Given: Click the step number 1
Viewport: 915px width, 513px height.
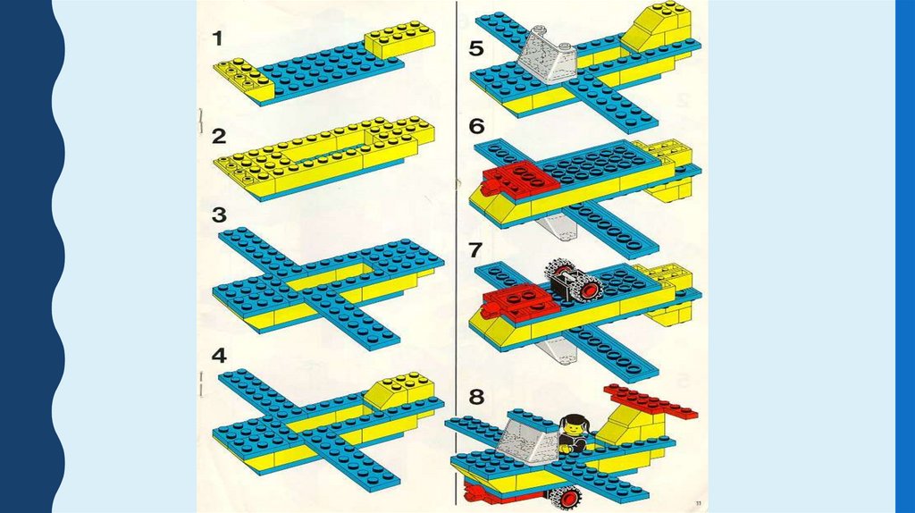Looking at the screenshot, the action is (218, 38).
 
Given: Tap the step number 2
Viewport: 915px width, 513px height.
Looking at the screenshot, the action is (219, 137).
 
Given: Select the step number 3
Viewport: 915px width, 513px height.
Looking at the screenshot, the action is (219, 214).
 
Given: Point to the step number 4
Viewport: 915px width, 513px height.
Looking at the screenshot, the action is (219, 356).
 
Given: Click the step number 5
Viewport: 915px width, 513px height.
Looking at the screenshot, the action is (476, 48).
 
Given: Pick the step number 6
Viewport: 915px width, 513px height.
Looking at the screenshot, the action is (477, 126).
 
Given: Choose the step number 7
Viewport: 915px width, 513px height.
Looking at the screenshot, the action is (475, 249).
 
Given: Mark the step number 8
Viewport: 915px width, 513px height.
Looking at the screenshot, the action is (477, 398).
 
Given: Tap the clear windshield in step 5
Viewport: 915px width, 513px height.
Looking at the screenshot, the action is (548, 57).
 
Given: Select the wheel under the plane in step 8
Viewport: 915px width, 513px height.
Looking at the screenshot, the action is (566, 497).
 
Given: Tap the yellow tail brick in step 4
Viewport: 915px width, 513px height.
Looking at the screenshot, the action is (401, 390).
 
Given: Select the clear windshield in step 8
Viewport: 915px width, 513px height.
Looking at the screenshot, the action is (529, 442).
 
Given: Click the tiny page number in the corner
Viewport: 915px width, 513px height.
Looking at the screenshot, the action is (699, 502).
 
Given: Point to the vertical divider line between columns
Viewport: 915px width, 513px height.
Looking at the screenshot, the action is (456, 256).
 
